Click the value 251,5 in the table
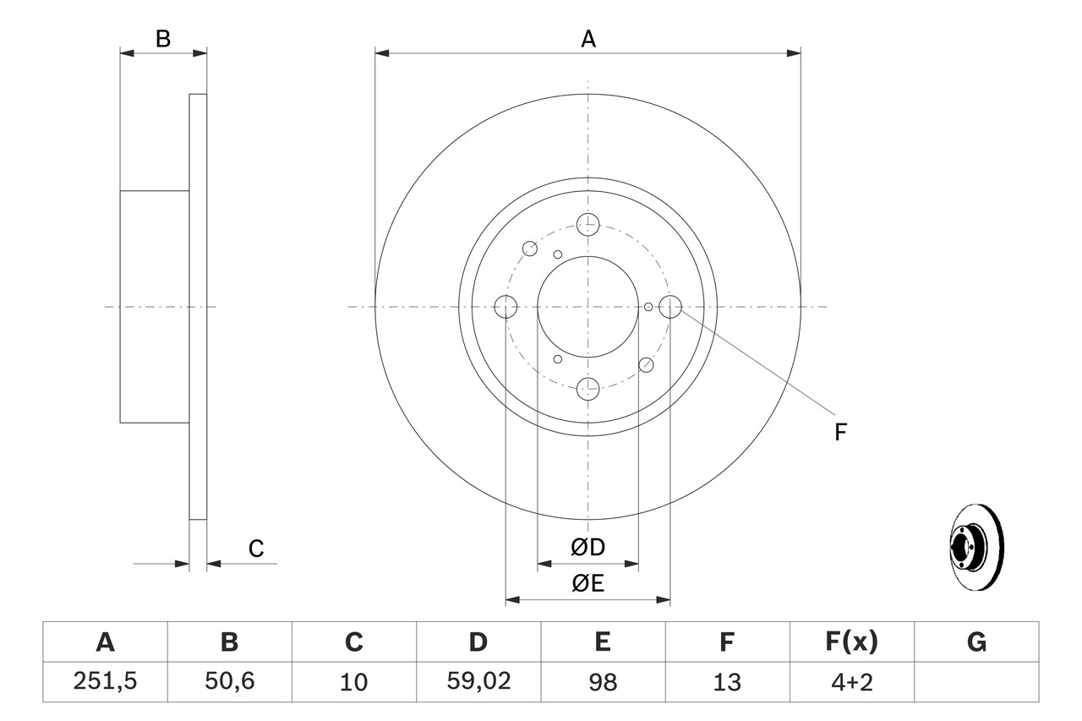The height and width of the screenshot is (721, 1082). click(105, 682)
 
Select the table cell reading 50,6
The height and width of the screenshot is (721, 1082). click(229, 682)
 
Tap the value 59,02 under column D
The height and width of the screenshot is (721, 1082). click(478, 682)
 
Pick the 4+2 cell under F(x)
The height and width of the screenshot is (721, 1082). click(852, 682)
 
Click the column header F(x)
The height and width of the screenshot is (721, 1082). click(852, 642)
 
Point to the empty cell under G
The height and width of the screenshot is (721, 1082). click(976, 682)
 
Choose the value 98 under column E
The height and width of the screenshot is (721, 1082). click(603, 682)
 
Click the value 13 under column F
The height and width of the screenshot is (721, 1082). click(727, 682)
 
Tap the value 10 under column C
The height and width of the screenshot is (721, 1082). click(353, 682)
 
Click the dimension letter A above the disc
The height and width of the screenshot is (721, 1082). click(588, 39)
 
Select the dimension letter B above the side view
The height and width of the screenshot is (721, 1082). click(163, 39)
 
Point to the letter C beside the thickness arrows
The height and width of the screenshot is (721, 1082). click(256, 549)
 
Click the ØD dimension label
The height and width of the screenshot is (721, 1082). click(588, 548)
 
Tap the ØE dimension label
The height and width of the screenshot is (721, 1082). click(588, 584)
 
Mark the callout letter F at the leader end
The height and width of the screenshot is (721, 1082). click(840, 433)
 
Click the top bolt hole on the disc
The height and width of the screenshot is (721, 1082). click(587, 224)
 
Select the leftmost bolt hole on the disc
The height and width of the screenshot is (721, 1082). click(505, 307)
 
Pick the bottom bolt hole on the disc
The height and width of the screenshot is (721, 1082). click(587, 389)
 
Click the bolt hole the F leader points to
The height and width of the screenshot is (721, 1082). click(670, 307)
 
